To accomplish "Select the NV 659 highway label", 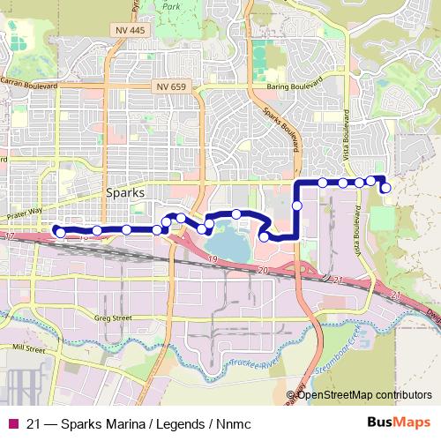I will [171, 86].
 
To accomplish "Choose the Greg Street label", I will [113, 318].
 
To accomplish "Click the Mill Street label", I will [26, 349].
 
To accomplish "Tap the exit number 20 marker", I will [263, 268].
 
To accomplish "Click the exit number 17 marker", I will [9, 238].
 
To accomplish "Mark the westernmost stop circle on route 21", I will [60, 232].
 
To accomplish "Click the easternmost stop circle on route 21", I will [385, 187].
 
